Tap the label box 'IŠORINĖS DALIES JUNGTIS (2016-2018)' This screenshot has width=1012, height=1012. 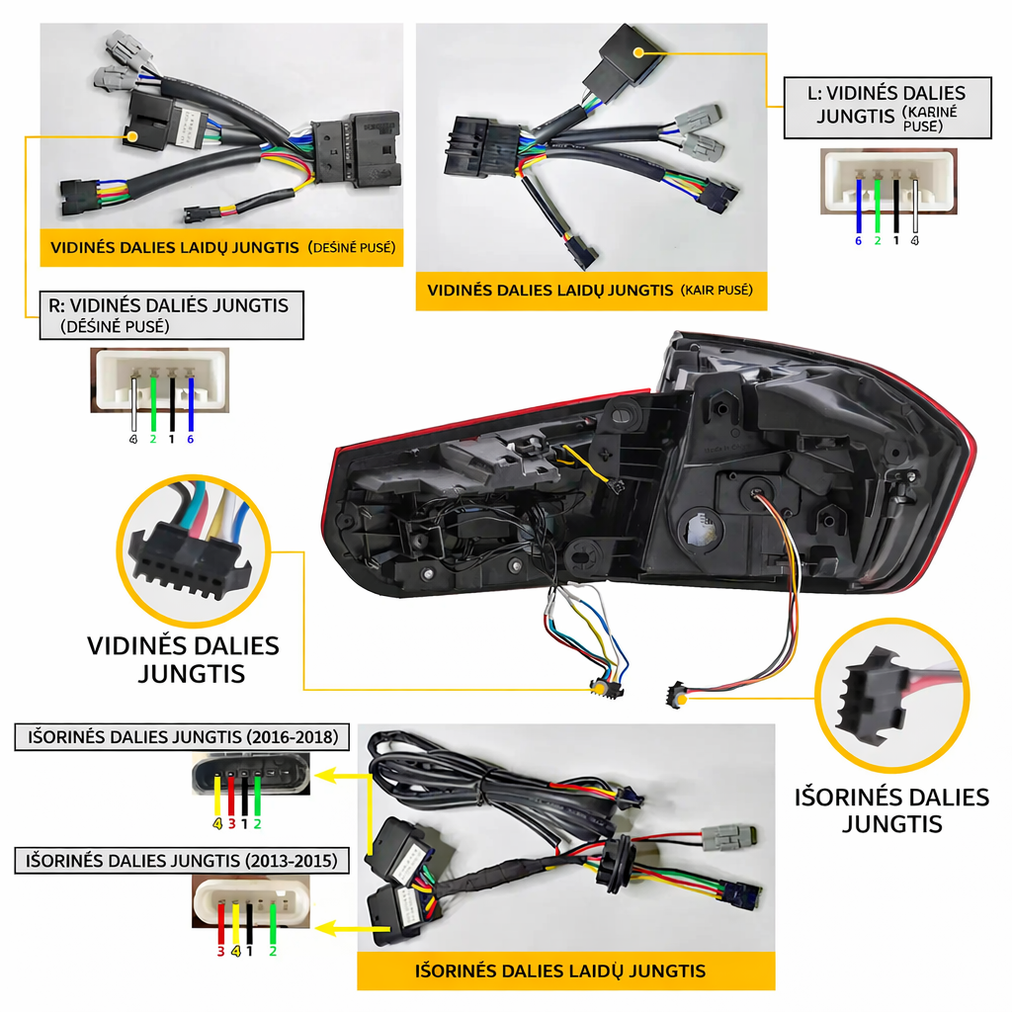(182, 737)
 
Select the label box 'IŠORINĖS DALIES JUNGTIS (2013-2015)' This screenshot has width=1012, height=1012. (182, 861)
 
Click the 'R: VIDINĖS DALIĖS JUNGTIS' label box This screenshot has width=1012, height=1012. (172, 315)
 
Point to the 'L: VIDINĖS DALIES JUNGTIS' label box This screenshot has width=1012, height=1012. (887, 108)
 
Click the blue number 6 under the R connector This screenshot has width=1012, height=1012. (191, 440)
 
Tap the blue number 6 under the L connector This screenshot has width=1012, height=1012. (859, 241)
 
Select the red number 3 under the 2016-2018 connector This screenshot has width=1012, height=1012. (231, 824)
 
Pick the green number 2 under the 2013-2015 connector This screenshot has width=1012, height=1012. (273, 952)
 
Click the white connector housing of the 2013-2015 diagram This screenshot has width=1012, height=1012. (251, 901)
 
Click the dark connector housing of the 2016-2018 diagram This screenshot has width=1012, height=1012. (251, 773)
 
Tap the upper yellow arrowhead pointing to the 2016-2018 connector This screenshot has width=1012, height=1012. (327, 775)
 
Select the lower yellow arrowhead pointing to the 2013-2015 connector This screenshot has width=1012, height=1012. (327, 929)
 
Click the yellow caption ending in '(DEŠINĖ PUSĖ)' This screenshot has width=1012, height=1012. (222, 247)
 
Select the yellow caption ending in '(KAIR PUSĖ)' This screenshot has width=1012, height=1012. (591, 291)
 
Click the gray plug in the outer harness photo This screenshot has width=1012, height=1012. (728, 838)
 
